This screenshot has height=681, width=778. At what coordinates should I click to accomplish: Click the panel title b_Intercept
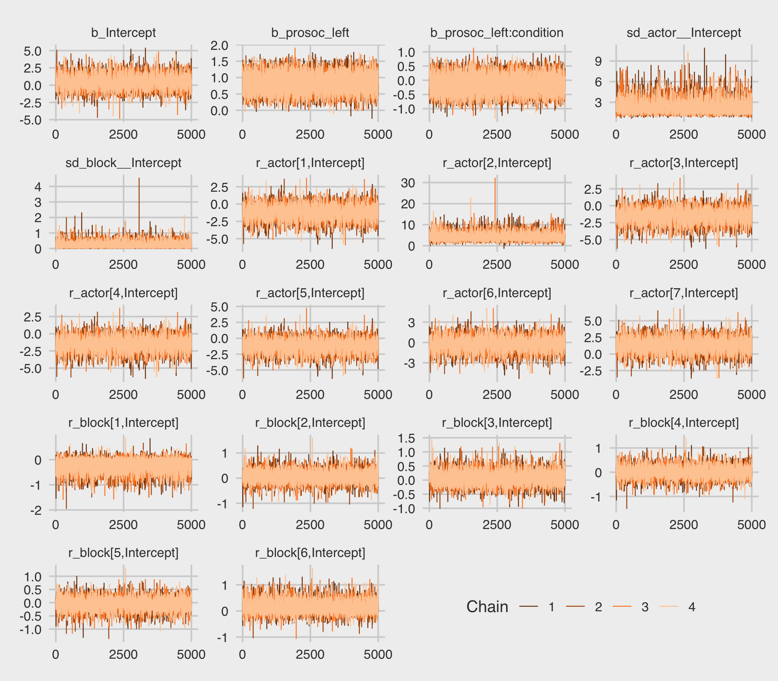123,33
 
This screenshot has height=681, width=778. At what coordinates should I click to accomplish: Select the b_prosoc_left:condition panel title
497,33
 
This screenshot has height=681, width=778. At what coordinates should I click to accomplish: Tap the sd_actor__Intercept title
684,33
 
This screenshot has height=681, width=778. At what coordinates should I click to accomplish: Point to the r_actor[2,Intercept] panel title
497,163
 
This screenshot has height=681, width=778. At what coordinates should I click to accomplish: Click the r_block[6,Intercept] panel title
310,553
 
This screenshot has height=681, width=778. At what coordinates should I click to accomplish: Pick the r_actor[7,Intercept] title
684,293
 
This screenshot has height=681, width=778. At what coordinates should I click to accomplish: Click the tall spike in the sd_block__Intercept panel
139,180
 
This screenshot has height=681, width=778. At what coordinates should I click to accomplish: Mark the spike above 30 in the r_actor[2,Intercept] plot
495,180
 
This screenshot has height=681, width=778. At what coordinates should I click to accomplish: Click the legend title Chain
487,607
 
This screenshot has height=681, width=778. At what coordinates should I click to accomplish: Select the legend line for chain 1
529,607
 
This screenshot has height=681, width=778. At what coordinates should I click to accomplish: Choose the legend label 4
692,607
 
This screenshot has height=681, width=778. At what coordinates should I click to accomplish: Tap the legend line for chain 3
622,607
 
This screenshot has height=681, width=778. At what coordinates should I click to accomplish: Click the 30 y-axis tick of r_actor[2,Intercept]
408,183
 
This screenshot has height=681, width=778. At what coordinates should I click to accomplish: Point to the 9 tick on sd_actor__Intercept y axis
598,62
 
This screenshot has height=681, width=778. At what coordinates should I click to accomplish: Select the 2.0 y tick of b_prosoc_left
219,45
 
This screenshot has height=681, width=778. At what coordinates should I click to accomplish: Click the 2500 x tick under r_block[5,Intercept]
123,655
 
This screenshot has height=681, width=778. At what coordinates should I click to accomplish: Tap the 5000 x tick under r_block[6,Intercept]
378,655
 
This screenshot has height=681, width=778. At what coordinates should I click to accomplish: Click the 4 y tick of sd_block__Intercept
38,187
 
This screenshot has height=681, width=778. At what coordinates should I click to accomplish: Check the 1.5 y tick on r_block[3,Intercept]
406,438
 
